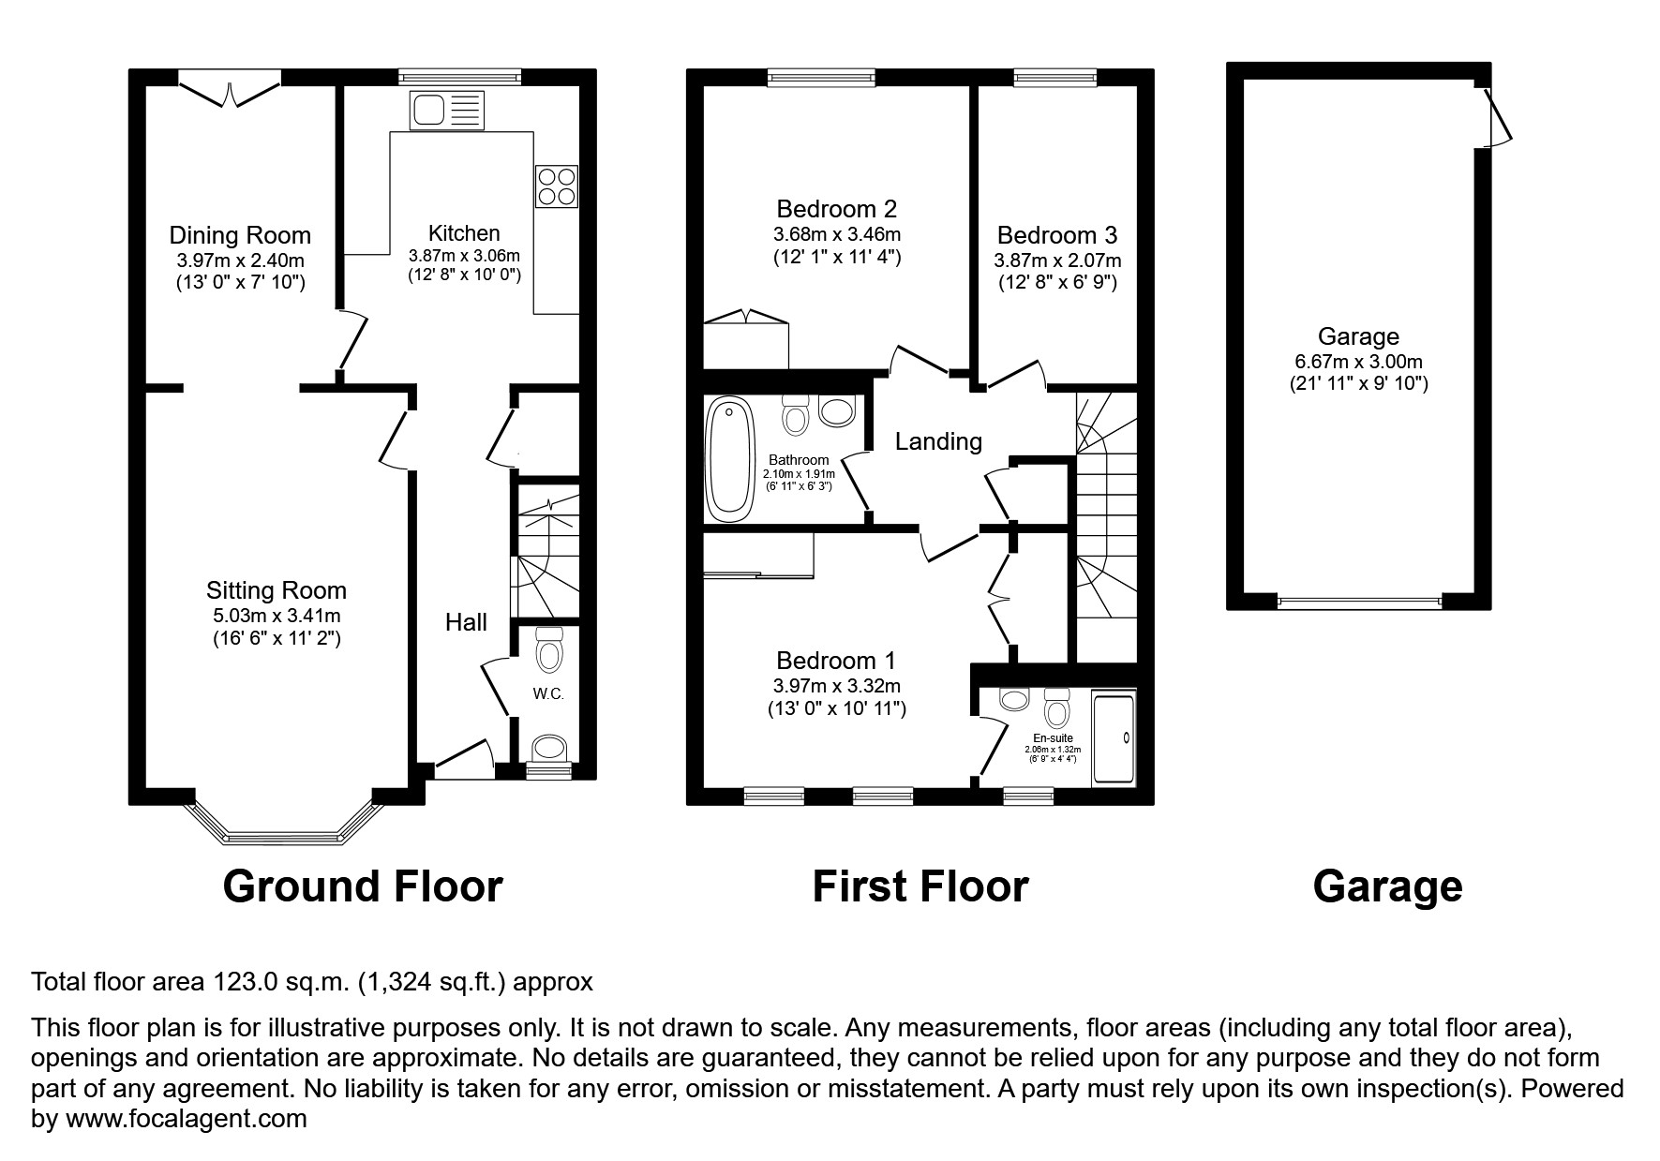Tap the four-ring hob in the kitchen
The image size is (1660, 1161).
coord(556,186)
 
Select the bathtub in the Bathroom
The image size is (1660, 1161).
coord(729,459)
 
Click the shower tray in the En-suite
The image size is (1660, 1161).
coord(1114,738)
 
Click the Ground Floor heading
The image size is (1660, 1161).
coord(363,886)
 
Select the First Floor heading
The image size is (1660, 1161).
coord(920,886)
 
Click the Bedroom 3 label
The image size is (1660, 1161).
coord(1056,235)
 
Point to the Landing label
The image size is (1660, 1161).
coord(938,441)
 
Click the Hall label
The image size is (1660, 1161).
coord(466,622)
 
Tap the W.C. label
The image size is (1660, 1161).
coord(548,694)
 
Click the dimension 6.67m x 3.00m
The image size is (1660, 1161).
coord(1358,362)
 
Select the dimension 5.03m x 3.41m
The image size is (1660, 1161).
coord(276,616)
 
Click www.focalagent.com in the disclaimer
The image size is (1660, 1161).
coord(184,1119)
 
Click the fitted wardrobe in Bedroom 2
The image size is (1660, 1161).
coord(746,343)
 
